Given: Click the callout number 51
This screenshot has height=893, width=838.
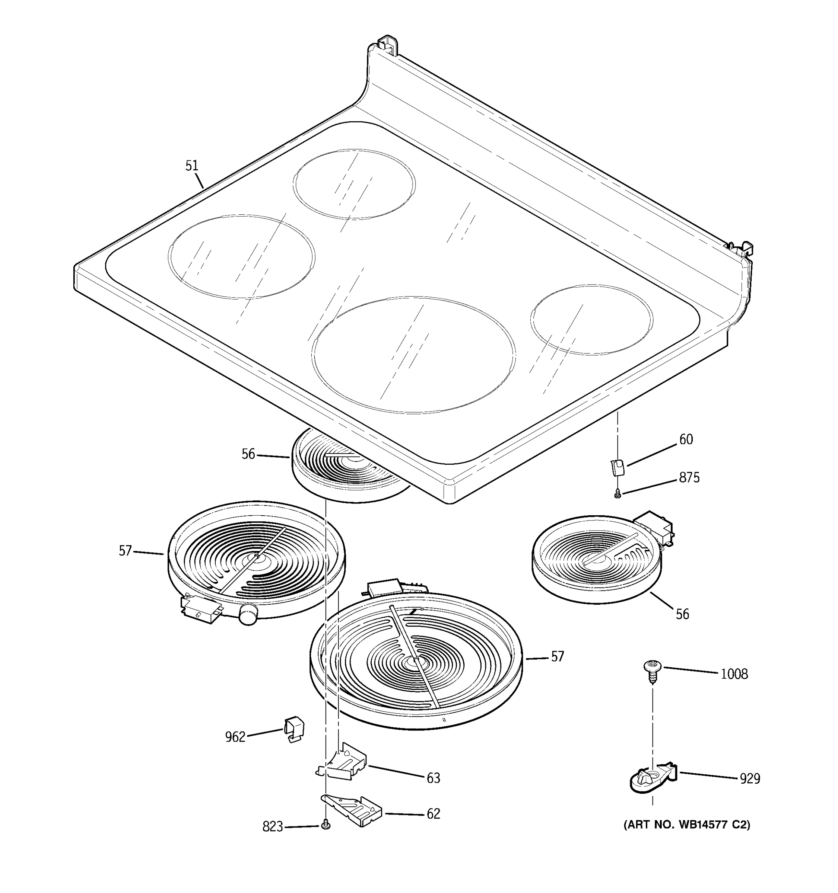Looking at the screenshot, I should coord(191,166).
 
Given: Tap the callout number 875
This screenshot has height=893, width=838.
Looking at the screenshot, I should coord(689,477).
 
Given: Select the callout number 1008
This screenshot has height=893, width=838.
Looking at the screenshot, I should coord(734,674).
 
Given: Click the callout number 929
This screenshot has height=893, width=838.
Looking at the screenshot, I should coord(750,778).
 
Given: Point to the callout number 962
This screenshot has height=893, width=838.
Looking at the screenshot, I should coord(235,737).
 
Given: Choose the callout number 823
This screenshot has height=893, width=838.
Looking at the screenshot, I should coord(272,826).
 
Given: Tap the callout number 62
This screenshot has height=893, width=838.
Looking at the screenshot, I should coord(434,813).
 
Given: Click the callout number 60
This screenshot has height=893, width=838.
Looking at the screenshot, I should coord(686,439).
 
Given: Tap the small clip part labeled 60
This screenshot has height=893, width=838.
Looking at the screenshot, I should coord(617,467).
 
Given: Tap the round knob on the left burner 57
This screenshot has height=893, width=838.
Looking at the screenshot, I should coord(249,614).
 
